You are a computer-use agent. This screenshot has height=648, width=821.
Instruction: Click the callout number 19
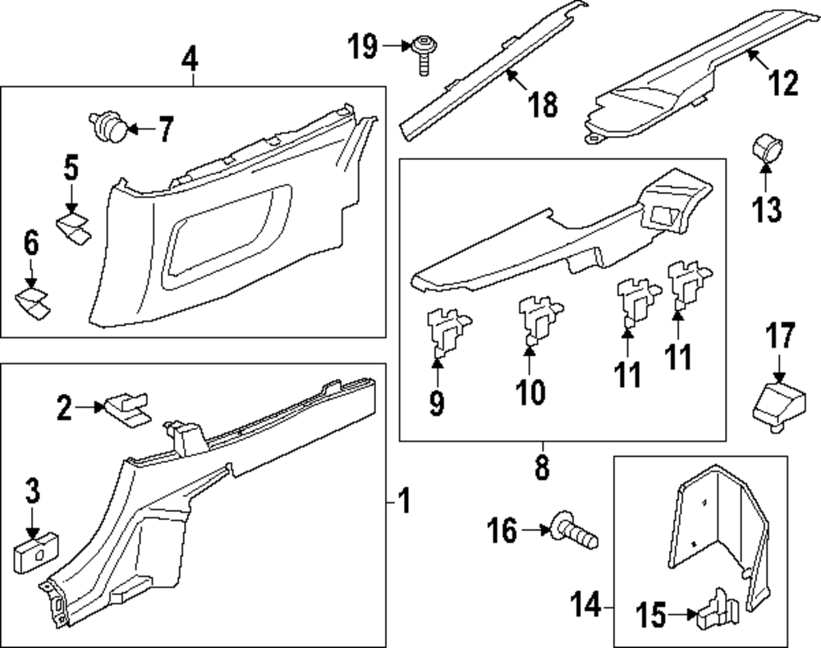coord(361,48)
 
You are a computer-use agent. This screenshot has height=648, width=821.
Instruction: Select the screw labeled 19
coord(424,54)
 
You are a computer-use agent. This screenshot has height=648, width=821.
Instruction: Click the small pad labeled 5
coord(74,227)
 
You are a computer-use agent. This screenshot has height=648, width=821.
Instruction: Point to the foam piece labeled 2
coord(126,406)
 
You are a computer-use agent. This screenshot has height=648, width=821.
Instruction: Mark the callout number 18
coord(544,104)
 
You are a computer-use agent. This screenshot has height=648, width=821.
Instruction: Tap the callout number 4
coord(190,59)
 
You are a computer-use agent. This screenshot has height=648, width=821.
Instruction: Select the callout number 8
coord(541,468)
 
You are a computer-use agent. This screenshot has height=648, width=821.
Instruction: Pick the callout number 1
coord(403,500)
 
